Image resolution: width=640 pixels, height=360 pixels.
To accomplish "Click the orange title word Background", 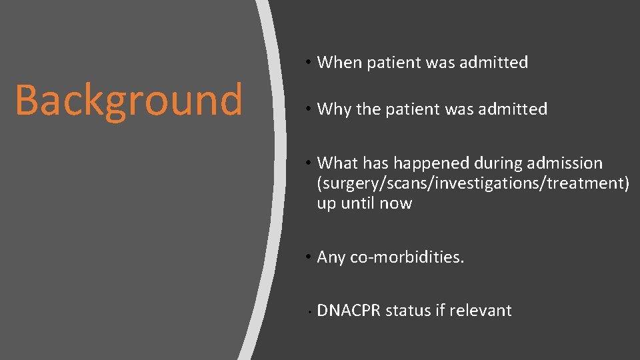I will [x=129, y=101].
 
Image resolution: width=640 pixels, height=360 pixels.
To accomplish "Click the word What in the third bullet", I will [x=337, y=163].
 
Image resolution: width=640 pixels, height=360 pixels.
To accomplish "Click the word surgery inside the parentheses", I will [x=347, y=183].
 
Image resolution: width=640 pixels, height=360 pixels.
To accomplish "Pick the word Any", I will [x=331, y=257].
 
